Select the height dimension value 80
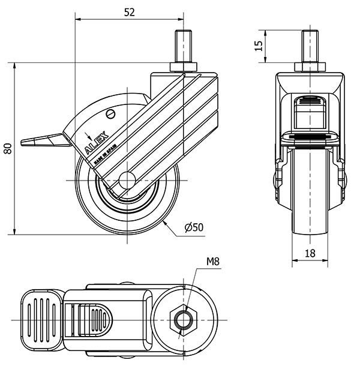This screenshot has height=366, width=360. [x=7, y=148]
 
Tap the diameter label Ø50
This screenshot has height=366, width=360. [x=194, y=227]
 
